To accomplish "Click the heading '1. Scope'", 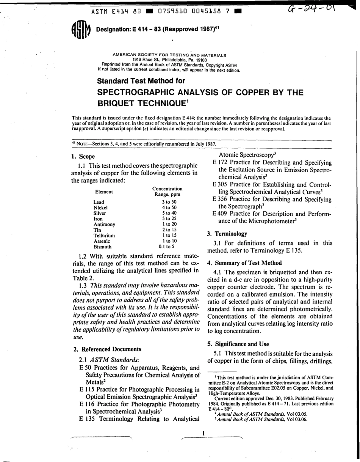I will [x=83, y=156].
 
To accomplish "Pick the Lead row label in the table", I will [x=99, y=202].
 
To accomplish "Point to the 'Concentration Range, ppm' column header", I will [x=167, y=192].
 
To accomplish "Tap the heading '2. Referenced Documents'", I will [x=106, y=349].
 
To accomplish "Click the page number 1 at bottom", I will [x=203, y=433].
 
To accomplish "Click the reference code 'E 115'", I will [x=87, y=390].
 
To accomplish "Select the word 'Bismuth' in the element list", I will [x=102, y=246].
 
